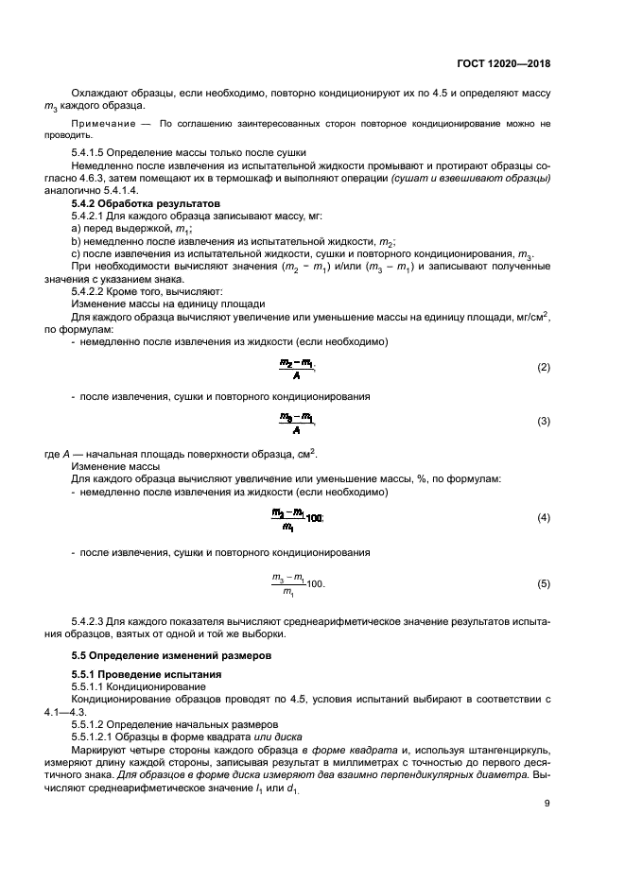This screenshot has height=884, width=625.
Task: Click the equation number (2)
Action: (543, 367)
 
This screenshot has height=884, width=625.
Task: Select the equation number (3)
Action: (543, 421)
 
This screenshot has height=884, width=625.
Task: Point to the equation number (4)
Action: (543, 518)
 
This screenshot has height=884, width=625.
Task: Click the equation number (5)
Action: (543, 584)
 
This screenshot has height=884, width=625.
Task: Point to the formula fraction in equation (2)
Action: (297, 367)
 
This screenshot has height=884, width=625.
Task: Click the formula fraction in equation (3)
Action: (297, 421)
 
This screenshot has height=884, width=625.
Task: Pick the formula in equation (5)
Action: (298, 584)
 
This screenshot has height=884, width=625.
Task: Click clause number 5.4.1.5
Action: (91, 153)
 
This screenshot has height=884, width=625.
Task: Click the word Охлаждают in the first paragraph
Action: (99, 95)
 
